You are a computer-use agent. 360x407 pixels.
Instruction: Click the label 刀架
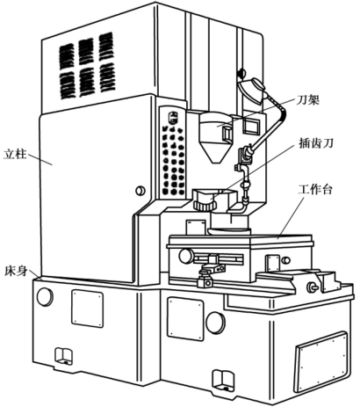(x=307, y=101)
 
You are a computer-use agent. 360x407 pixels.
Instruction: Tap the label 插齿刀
(x=316, y=143)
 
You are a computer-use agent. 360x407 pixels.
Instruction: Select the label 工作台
(x=315, y=190)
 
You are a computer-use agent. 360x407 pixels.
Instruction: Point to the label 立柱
(x=15, y=154)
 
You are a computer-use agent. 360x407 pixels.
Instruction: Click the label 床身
(x=16, y=271)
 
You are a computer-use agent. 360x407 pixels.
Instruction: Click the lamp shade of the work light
(x=251, y=89)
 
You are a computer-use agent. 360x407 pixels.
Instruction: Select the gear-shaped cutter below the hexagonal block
(x=204, y=204)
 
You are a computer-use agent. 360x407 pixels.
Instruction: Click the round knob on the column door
(x=140, y=191)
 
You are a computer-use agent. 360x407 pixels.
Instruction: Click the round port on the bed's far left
(x=45, y=296)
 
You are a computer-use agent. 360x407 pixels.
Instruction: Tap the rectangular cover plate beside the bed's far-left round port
(x=88, y=309)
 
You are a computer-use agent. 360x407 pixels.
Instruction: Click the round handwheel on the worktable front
(x=186, y=256)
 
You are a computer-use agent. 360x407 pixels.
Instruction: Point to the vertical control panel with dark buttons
(x=174, y=153)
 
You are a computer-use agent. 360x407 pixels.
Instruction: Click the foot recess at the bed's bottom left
(x=63, y=356)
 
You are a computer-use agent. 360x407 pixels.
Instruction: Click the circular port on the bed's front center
(x=216, y=323)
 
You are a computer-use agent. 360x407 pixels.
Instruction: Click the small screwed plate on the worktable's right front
(x=272, y=263)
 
